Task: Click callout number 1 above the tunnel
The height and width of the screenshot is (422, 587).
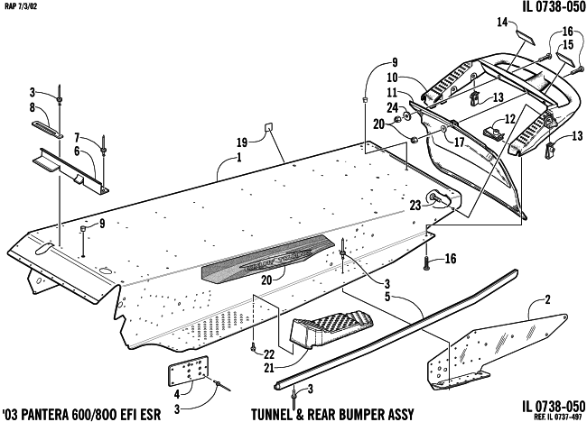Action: click(238, 159)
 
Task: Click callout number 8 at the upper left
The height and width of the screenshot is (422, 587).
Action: click(33, 107)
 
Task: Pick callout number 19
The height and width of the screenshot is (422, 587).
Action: click(242, 142)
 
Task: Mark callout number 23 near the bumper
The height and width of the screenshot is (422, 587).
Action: click(415, 205)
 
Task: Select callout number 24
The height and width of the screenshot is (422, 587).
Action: click(393, 107)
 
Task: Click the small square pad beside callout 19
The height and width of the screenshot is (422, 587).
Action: click(269, 129)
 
